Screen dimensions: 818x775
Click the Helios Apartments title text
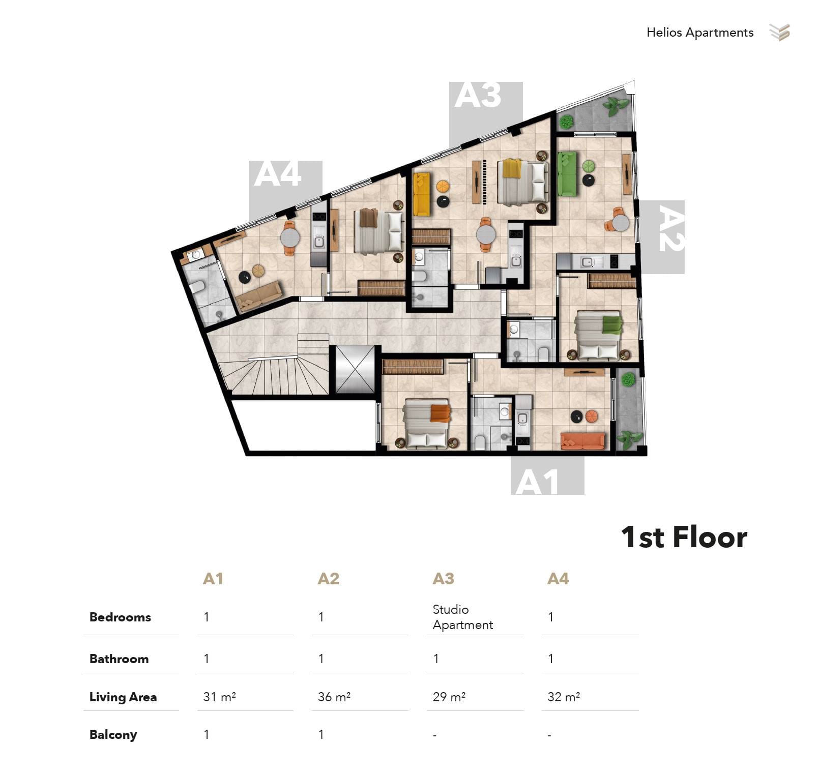tap(699, 33)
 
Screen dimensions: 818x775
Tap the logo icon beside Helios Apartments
tap(779, 33)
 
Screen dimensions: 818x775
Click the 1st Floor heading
tap(684, 537)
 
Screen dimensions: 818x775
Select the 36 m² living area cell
tap(334, 697)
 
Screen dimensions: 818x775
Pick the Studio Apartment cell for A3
tap(462, 617)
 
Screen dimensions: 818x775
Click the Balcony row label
tap(113, 735)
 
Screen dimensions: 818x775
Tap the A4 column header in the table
tap(558, 579)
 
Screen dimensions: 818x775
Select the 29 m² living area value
tap(449, 697)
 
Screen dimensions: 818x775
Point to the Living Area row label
tap(123, 697)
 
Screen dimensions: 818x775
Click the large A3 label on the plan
tap(478, 95)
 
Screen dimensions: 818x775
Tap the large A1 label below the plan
tap(537, 482)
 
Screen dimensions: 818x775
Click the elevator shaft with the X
tap(355, 370)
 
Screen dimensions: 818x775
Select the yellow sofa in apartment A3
tap(421, 194)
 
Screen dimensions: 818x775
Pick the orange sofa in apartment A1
tap(582, 441)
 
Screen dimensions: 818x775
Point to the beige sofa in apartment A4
tap(259, 296)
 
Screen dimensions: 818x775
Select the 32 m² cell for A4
tap(564, 697)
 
